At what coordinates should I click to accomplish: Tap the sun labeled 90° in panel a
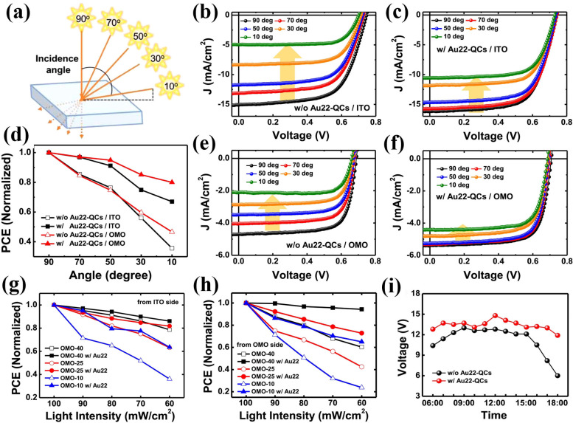click(82, 19)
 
